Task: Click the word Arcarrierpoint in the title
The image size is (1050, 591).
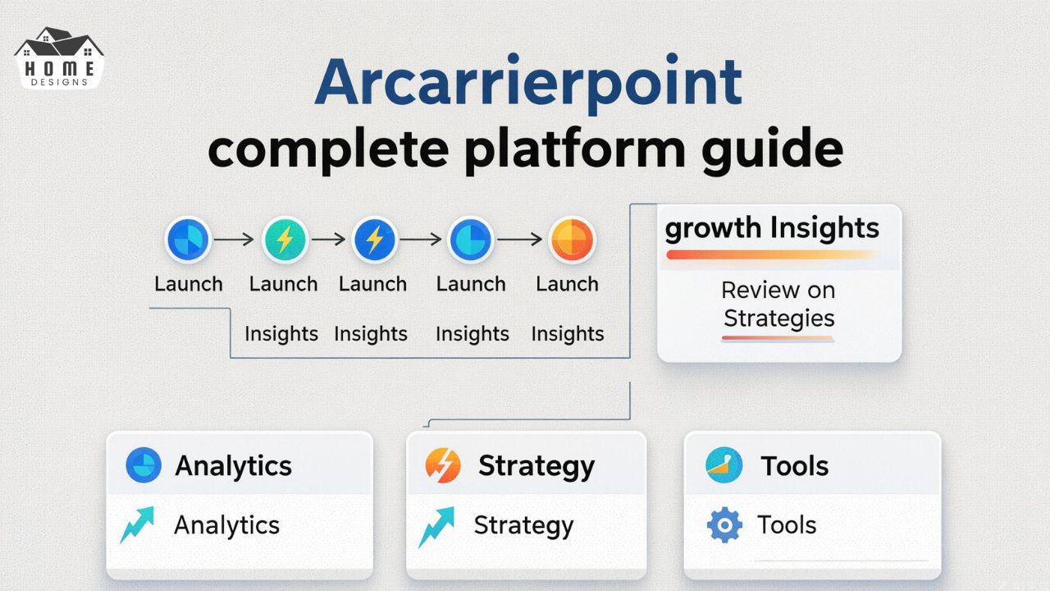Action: pos(528,83)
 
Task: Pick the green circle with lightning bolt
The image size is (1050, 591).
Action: pos(284,240)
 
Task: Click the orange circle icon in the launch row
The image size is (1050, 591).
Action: pos(571,240)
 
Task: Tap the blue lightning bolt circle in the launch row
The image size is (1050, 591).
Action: pos(374,240)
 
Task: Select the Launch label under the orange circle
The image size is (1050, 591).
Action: pos(567,284)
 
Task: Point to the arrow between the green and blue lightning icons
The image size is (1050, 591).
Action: pos(328,240)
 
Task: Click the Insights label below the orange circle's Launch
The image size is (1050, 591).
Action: pos(567,334)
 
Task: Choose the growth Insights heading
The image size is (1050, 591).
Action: pos(771,228)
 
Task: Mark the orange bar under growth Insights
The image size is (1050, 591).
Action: pos(771,255)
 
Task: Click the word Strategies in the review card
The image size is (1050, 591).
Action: pos(778,318)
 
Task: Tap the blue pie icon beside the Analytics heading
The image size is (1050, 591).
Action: pos(144,465)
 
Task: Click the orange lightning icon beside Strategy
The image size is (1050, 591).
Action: pos(443,465)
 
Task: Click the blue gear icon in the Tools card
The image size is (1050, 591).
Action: pos(724,525)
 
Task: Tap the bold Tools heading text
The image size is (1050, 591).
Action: pos(794,465)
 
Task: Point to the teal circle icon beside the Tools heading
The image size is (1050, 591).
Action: pos(724,465)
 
